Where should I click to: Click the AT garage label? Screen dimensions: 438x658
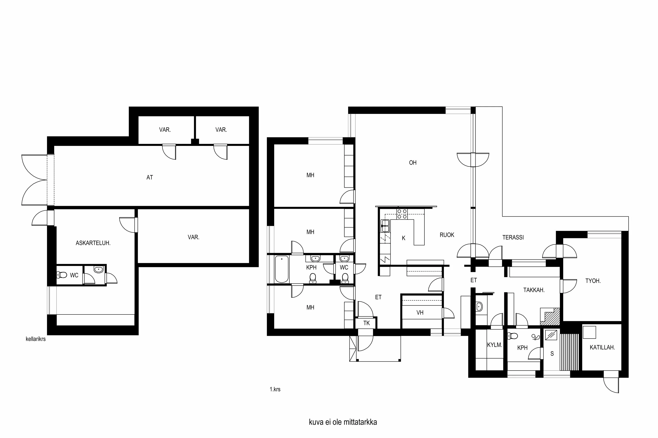[150, 177]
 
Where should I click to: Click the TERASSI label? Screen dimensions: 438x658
[513, 237]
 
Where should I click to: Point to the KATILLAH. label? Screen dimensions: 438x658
[602, 348]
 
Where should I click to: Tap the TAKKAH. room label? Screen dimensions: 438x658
[534, 290]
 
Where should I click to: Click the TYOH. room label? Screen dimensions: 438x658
[593, 281]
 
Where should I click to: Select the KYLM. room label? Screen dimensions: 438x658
[494, 345]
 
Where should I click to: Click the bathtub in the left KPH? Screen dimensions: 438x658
[282, 269]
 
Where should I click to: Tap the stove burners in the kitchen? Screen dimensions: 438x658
[402, 214]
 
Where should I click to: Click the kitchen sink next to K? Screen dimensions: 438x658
[385, 226]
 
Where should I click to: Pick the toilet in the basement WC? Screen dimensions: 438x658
[62, 275]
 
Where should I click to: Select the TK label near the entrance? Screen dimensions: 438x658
[367, 323]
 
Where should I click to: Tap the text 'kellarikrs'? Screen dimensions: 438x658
[36, 339]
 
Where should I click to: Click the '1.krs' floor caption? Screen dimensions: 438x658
[275, 389]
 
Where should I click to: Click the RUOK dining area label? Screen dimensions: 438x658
[447, 235]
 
